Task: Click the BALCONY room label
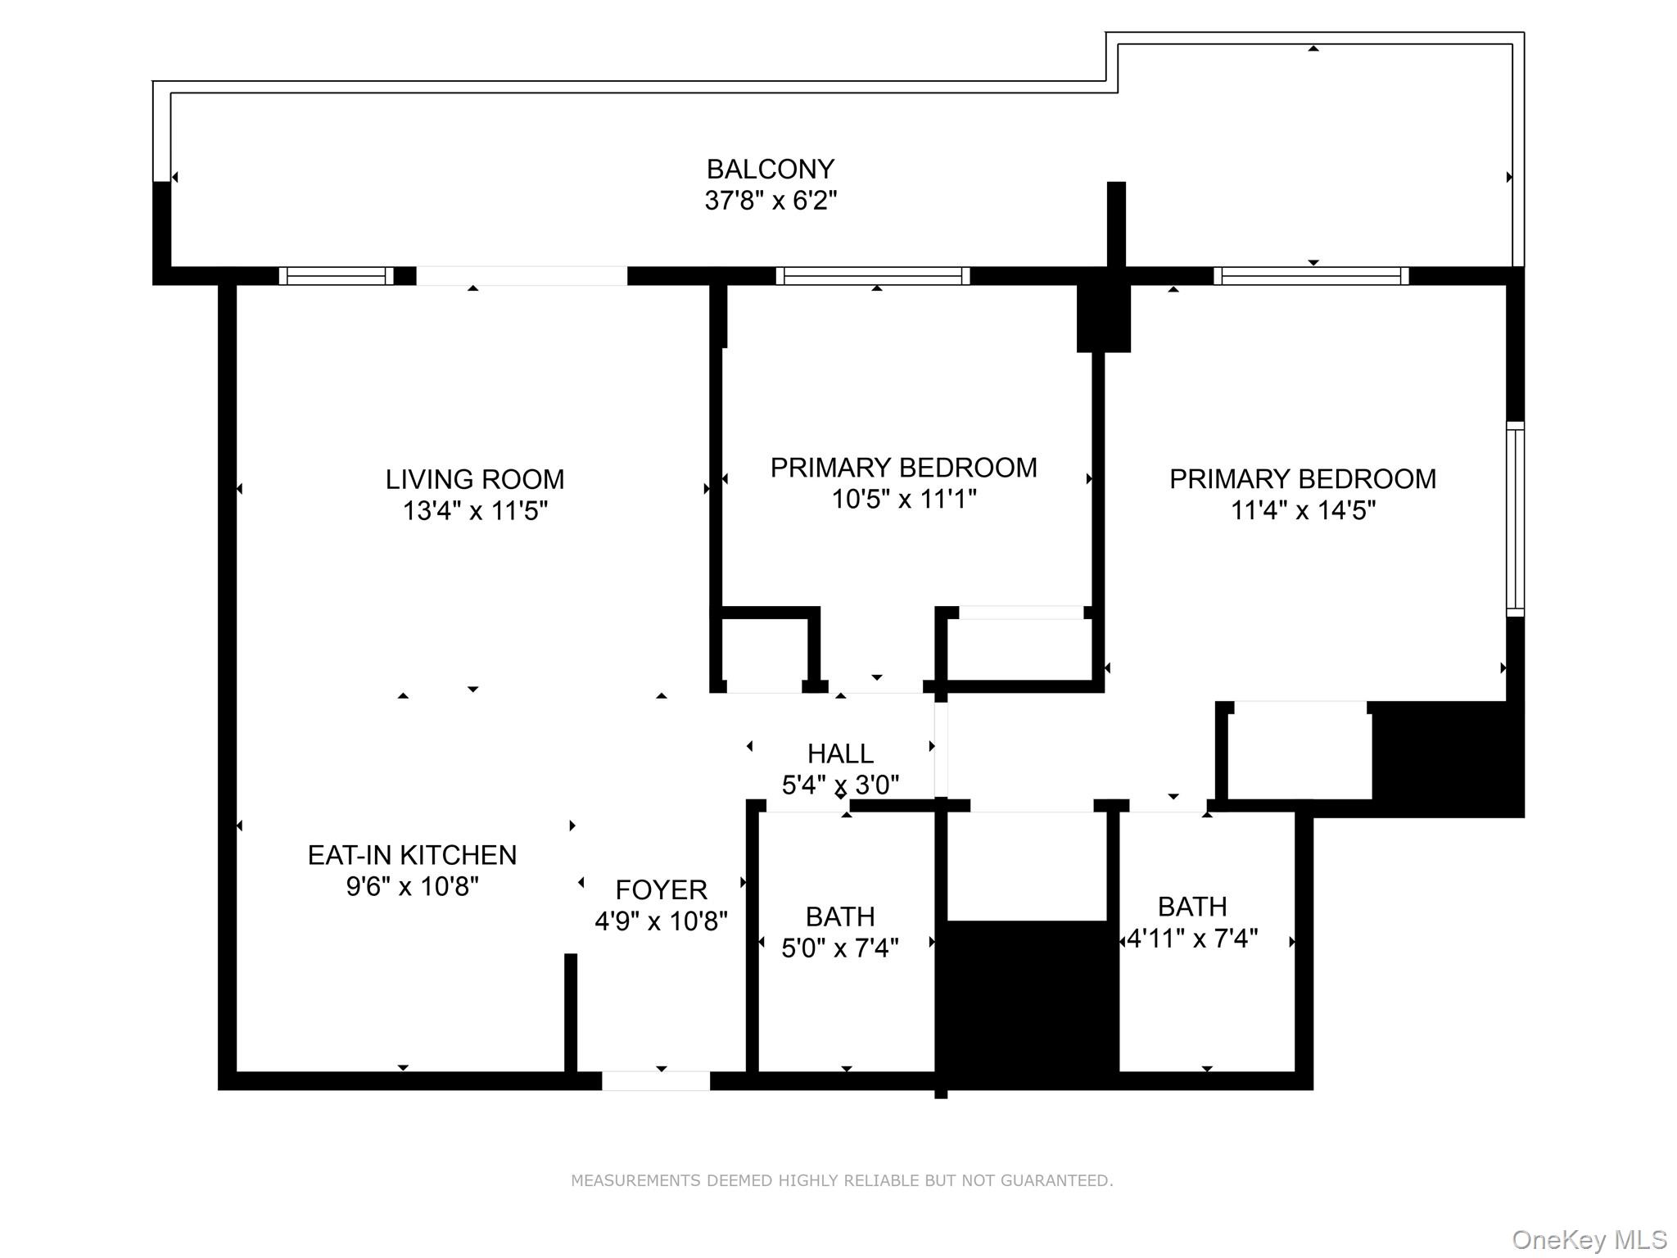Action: pyautogui.click(x=770, y=169)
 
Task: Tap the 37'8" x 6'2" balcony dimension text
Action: pyautogui.click(x=770, y=201)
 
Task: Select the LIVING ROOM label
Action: pyautogui.click(x=475, y=479)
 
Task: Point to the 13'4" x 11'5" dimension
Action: pyautogui.click(x=475, y=511)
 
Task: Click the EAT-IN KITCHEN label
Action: pyautogui.click(x=412, y=855)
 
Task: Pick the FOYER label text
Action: pyautogui.click(x=661, y=889)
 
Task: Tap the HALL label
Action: pyautogui.click(x=840, y=753)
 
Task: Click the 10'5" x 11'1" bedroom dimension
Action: pyautogui.click(x=904, y=499)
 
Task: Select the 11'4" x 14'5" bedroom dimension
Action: pyautogui.click(x=1303, y=510)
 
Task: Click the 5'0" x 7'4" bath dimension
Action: pyautogui.click(x=840, y=948)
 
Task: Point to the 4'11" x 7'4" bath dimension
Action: pyautogui.click(x=1192, y=939)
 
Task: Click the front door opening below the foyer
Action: pyautogui.click(x=656, y=1081)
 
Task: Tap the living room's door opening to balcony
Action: pyautogui.click(x=522, y=276)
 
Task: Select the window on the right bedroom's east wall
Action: pyautogui.click(x=1515, y=519)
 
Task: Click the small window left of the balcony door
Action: pyautogui.click(x=336, y=276)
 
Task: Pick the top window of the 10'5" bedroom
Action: pyautogui.click(x=873, y=276)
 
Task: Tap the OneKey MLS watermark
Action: pyautogui.click(x=1589, y=1239)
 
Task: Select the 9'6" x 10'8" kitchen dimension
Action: pyautogui.click(x=412, y=886)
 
